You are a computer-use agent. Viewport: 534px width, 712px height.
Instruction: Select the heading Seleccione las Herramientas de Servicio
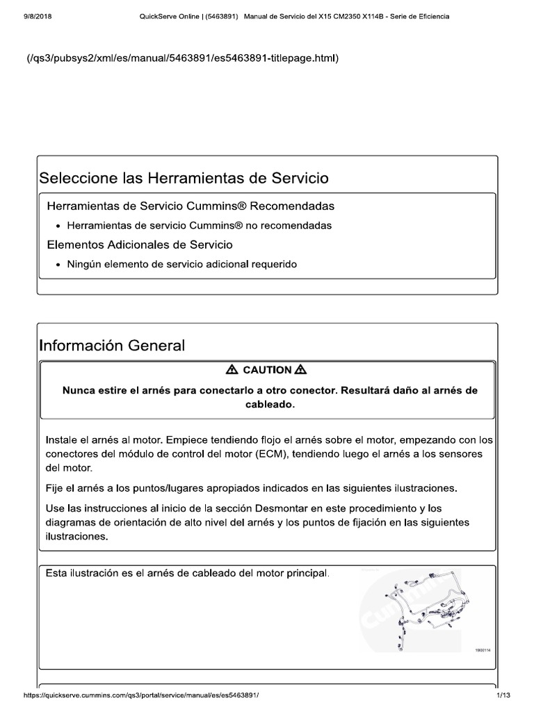point(184,178)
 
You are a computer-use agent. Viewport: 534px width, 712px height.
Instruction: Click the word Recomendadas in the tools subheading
point(292,207)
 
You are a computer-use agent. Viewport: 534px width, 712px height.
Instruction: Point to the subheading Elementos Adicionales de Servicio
point(139,245)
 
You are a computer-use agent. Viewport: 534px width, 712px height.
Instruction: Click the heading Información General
point(112,345)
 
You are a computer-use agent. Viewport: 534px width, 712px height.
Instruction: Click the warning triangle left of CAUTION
point(232,370)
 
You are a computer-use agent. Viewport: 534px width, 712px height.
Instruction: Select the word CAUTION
point(266,370)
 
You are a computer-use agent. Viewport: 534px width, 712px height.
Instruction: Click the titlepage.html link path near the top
point(182,58)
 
